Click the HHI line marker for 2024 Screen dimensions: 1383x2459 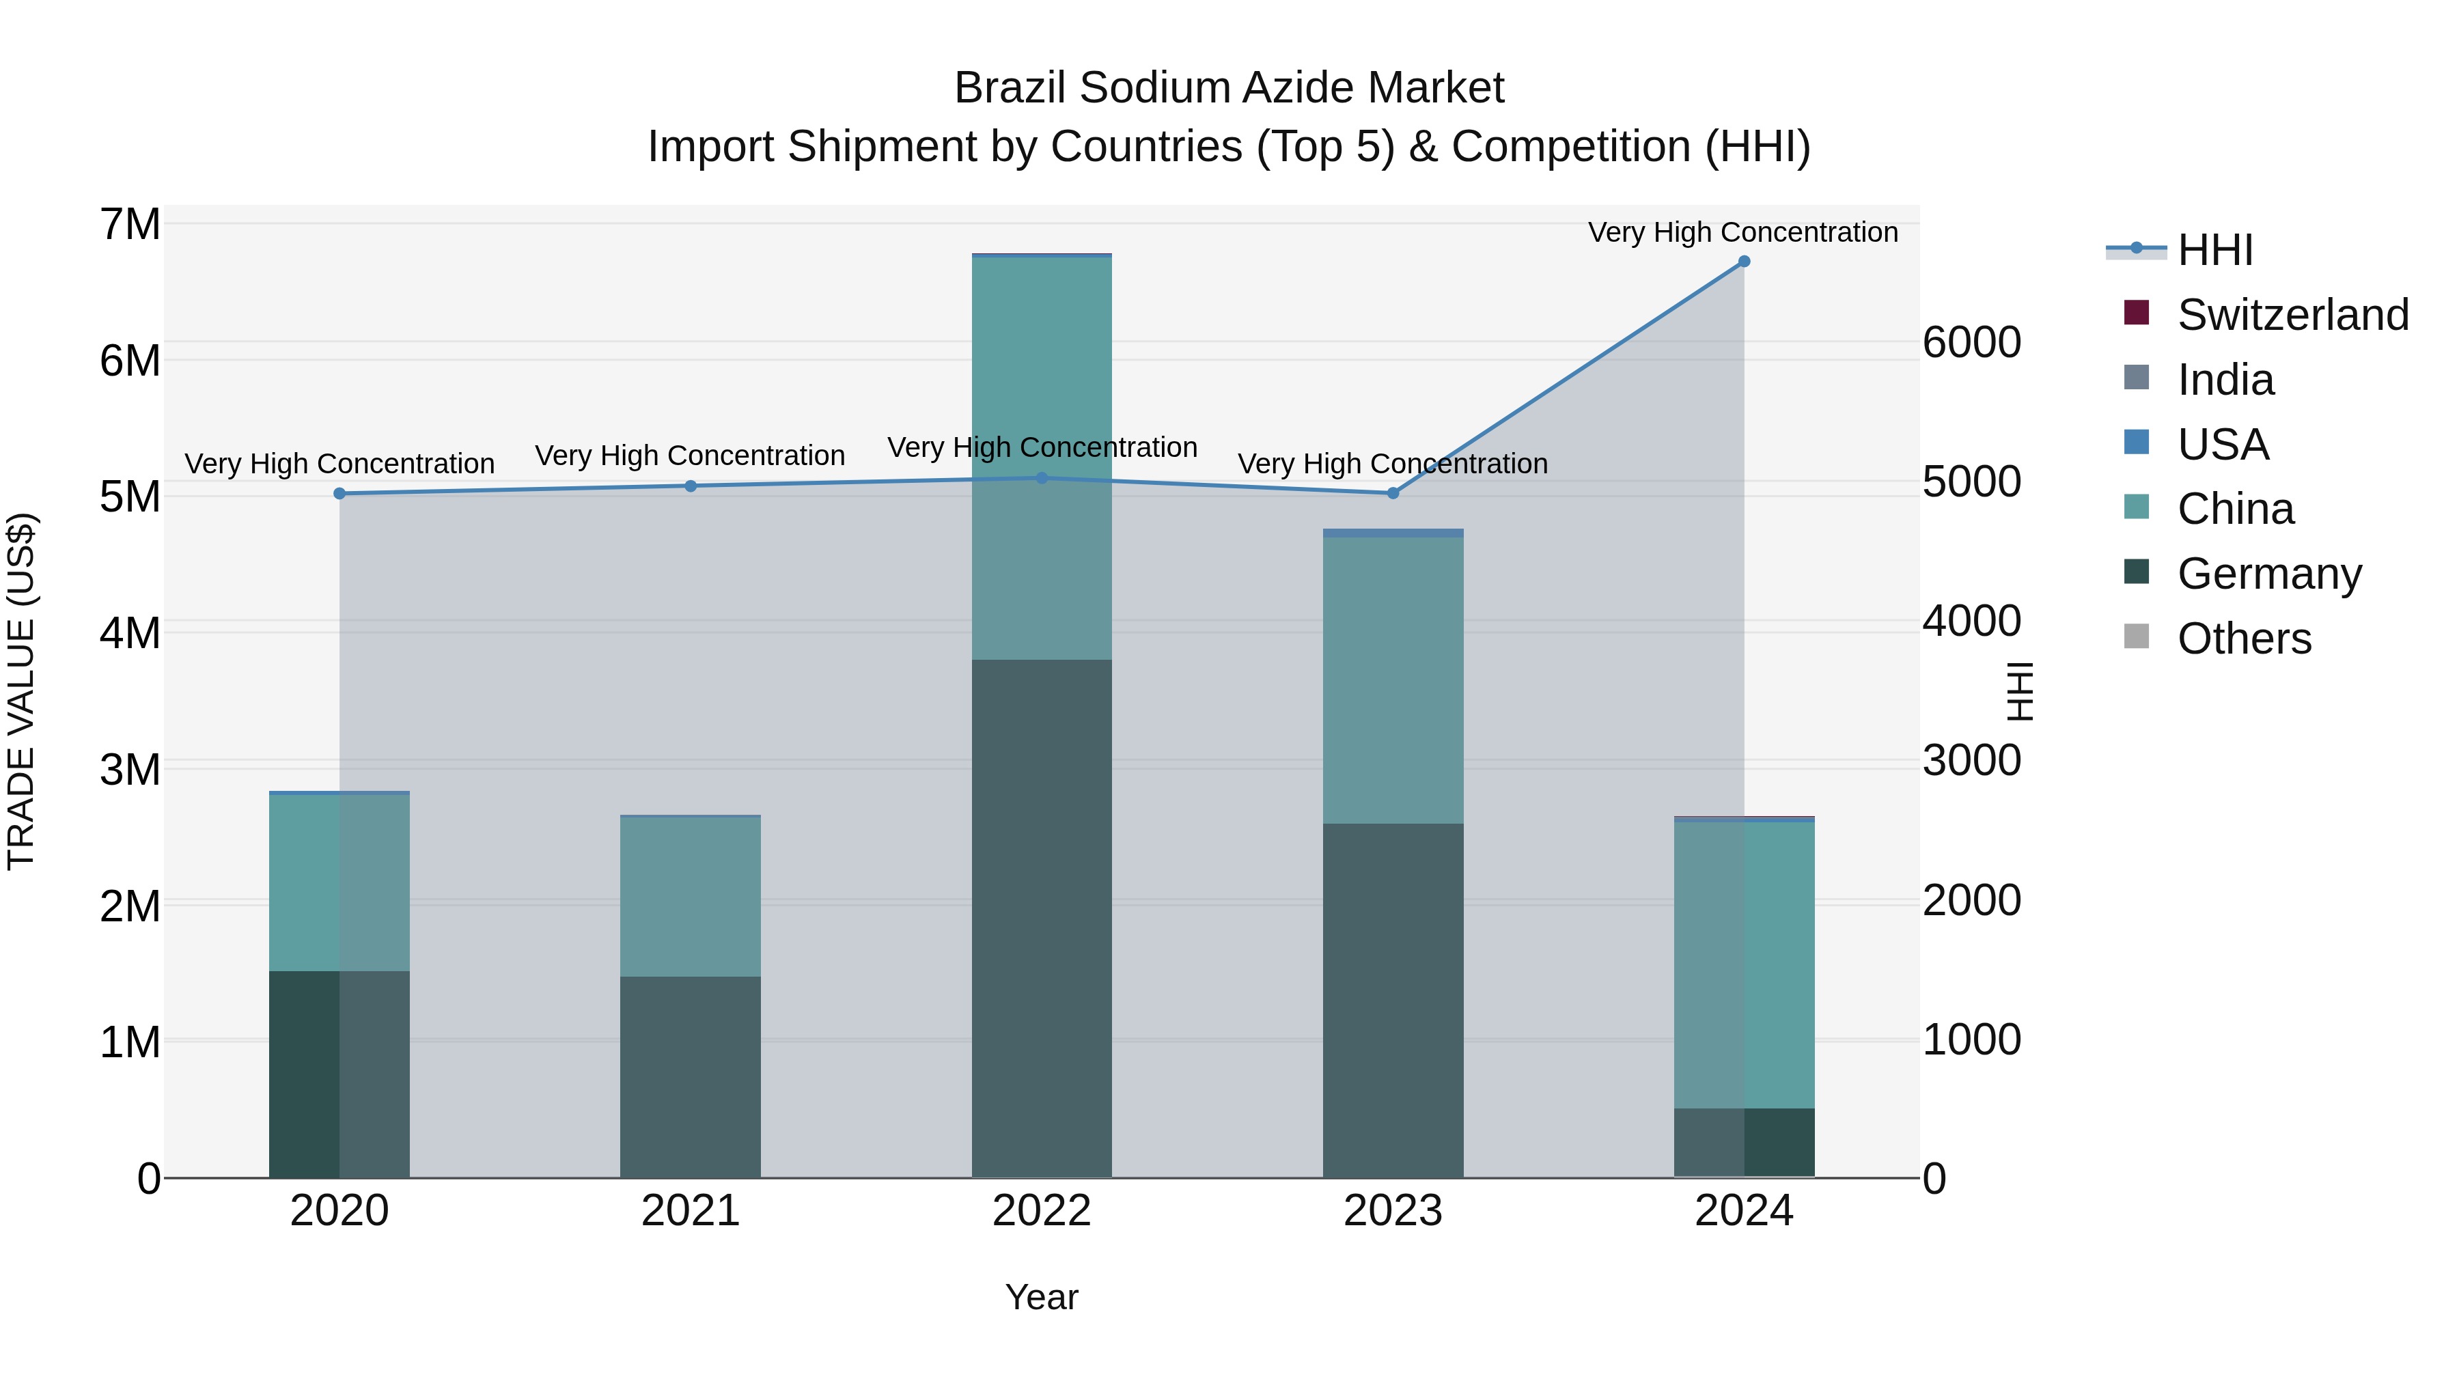point(1743,262)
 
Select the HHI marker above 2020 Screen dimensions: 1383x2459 point(340,494)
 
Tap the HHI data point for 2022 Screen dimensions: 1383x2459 point(1042,478)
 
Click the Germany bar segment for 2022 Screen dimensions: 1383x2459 point(1042,917)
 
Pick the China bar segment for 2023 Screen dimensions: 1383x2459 point(1393,680)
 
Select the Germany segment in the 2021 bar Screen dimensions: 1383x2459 point(690,1076)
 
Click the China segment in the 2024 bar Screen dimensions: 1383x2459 point(1743,964)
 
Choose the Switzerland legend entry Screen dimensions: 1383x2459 point(2292,315)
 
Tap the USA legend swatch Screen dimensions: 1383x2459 point(2137,443)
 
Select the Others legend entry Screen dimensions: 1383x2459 point(2243,639)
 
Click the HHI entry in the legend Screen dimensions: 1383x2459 point(2214,250)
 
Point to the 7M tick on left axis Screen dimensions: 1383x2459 point(130,225)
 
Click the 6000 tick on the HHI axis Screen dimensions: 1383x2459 point(1971,343)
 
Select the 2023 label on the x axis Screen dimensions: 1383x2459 point(1393,1211)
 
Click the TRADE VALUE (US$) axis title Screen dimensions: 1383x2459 point(21,691)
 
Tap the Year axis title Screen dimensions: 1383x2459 point(1042,1297)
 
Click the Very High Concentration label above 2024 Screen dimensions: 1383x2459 point(1743,232)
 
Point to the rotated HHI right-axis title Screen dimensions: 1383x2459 point(2020,691)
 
